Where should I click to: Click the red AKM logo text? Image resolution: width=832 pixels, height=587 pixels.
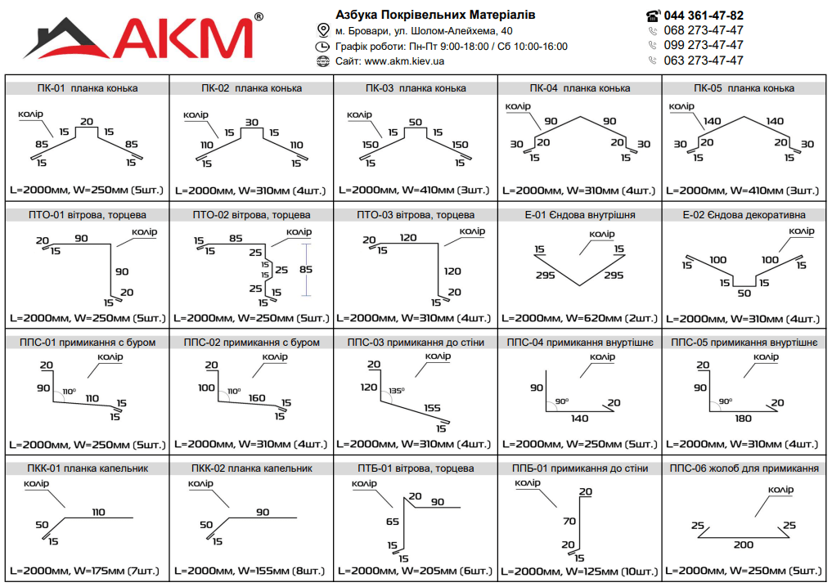183,38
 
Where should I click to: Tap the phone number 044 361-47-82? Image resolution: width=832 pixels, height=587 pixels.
704,16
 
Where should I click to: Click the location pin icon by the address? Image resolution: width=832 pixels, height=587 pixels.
322,30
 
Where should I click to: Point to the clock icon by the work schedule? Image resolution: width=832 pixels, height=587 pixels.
322,47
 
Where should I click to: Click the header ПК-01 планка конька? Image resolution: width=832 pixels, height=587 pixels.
88,88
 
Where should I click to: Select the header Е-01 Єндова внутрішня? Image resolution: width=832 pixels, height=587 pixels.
579,215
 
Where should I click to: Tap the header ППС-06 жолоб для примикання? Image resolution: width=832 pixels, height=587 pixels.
744,468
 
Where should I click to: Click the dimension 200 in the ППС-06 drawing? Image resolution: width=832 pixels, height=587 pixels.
744,544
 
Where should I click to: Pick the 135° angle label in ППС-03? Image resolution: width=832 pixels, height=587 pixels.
397,391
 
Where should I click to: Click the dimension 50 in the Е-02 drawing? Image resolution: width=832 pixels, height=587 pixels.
744,293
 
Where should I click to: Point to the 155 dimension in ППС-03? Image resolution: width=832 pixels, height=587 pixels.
432,408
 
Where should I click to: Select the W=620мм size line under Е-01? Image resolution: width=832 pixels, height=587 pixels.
579,319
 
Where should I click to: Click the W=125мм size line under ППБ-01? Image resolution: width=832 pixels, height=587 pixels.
579,571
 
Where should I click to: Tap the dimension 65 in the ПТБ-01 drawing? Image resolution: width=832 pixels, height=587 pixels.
393,522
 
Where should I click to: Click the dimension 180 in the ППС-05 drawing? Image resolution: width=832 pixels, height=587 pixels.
744,419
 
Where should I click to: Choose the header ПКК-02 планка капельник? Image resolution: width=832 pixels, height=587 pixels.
251,468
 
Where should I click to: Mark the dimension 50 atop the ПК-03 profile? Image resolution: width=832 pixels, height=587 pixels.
416,122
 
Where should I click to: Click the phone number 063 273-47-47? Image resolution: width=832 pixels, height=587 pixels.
704,60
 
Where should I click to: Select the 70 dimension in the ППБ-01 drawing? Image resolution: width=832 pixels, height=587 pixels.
569,522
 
